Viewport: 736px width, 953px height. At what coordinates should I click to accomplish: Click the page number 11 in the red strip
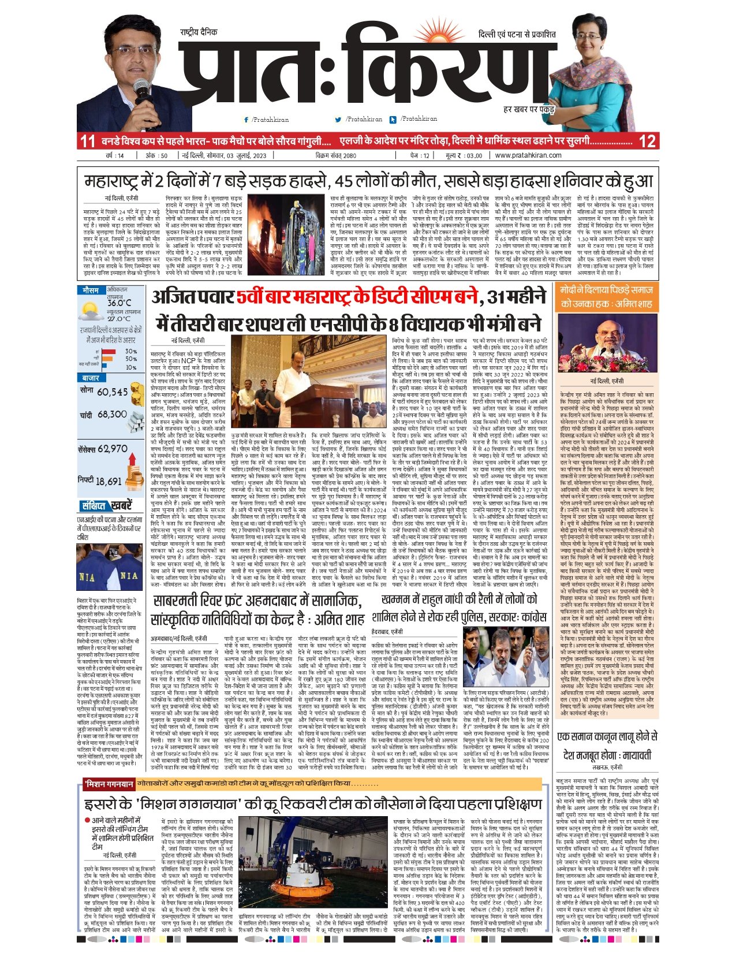pos(88,141)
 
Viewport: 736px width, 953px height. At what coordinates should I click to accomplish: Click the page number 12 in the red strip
pos(648,141)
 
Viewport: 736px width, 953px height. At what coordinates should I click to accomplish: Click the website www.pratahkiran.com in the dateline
pos(528,155)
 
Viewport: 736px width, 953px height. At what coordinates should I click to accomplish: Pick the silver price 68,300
pos(112,415)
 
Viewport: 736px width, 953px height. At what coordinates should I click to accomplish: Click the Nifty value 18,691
pos(109,481)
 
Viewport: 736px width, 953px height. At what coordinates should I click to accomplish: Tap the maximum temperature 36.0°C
pos(119,303)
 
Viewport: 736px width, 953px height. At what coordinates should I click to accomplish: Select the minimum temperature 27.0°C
pos(119,318)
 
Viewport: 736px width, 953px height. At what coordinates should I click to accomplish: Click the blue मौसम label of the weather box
pos(91,290)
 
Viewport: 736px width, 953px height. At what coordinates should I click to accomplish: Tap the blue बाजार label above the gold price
pos(91,378)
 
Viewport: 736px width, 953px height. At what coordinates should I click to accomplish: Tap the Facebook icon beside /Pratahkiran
pos(246,120)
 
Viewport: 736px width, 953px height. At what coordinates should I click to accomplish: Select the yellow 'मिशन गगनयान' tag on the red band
pos(109,784)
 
